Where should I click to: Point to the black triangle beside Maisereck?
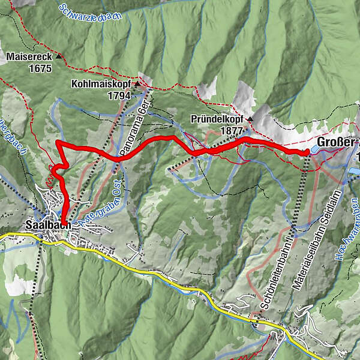click(x=59, y=56)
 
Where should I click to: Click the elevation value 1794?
click(x=119, y=95)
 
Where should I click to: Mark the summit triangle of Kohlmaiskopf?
click(x=137, y=85)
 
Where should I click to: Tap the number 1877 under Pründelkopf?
click(x=231, y=130)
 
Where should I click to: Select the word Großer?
click(x=336, y=142)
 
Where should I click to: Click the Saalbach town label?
click(x=49, y=224)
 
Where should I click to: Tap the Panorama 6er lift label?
click(x=134, y=127)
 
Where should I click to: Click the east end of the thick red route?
click(x=306, y=152)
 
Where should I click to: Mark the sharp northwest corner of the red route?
click(x=56, y=142)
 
